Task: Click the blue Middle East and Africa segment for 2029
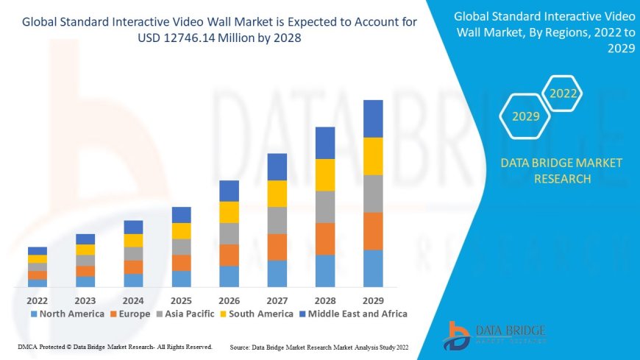point(373,119)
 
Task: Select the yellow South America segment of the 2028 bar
point(325,174)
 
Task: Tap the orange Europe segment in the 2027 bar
point(277,247)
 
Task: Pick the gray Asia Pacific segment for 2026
point(229,233)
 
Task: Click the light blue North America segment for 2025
point(181,278)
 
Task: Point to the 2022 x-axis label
point(38,300)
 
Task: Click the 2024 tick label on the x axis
point(133,300)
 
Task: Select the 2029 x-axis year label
point(373,300)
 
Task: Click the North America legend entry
point(67,314)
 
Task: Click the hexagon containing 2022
point(563,93)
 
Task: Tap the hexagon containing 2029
point(525,116)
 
